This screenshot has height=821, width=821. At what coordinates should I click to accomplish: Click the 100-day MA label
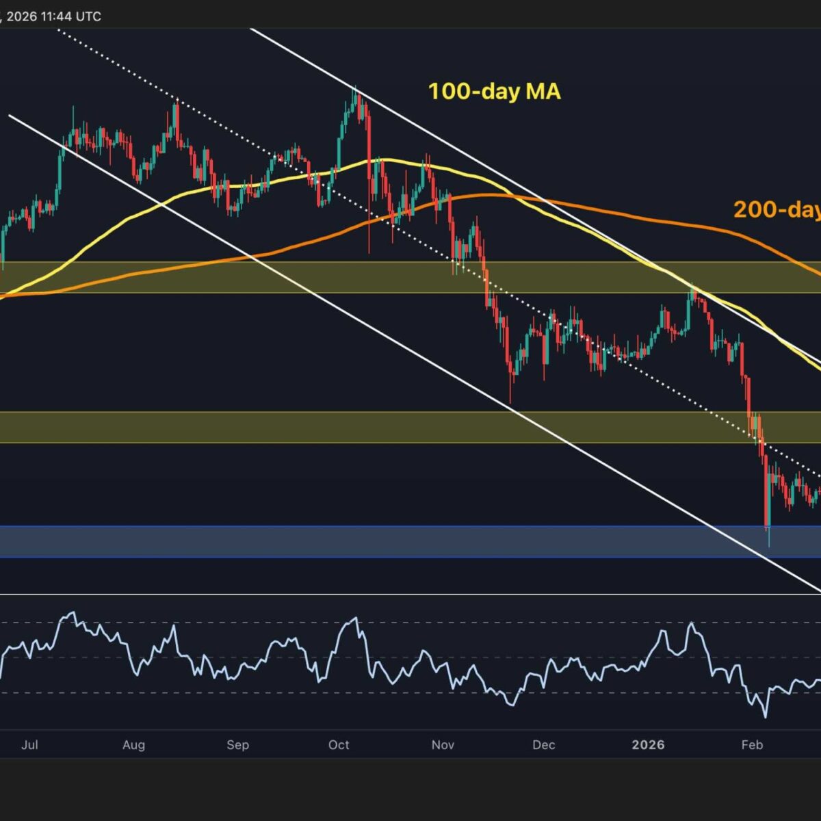tap(494, 91)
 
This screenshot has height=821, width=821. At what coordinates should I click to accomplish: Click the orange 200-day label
tap(777, 209)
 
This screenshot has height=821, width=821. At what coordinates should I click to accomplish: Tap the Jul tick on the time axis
tap(29, 744)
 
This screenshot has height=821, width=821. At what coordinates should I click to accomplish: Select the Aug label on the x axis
tap(133, 744)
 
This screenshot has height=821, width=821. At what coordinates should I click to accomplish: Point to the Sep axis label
tap(237, 744)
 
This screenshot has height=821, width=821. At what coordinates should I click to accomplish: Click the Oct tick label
tap(339, 744)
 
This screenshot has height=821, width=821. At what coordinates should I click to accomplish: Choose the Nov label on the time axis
tap(443, 744)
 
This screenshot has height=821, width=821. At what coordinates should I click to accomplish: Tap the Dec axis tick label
tap(544, 744)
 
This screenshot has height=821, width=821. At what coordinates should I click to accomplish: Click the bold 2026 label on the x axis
tap(648, 744)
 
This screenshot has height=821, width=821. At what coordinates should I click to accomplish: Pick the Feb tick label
tap(752, 744)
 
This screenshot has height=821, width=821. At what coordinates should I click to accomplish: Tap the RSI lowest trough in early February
tap(764, 716)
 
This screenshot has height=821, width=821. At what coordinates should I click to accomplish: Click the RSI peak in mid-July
tap(72, 613)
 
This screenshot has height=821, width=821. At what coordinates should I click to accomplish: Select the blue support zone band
tap(410, 541)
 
